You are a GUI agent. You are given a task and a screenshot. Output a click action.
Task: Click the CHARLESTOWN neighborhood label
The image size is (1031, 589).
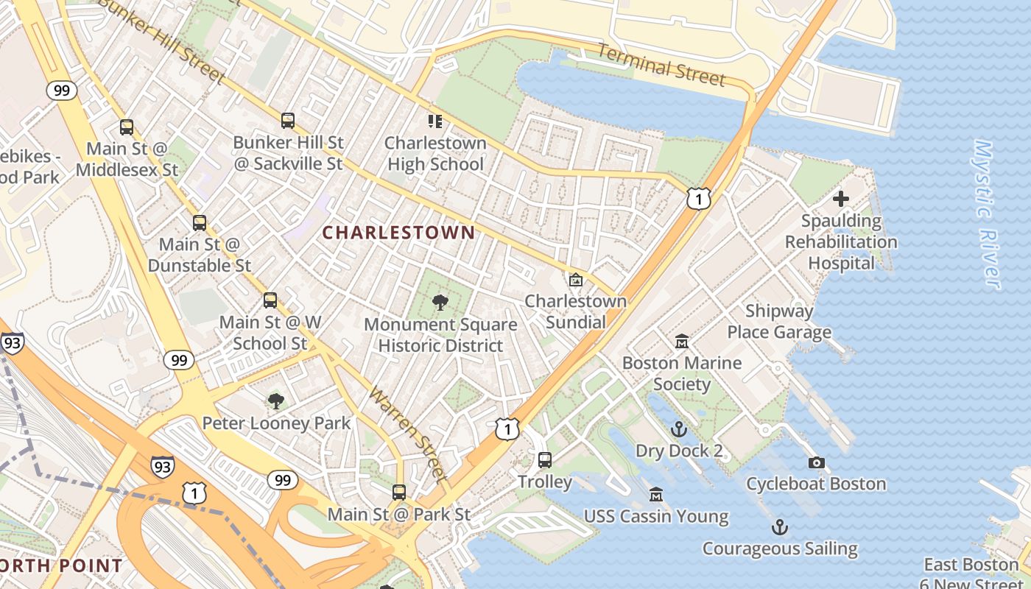(398, 233)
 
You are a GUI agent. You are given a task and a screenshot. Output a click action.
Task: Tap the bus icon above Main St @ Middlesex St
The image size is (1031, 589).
(127, 127)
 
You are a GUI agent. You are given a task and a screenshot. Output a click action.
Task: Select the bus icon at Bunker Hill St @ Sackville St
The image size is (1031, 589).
(288, 121)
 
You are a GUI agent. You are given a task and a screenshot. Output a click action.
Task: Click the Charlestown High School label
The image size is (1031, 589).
(435, 153)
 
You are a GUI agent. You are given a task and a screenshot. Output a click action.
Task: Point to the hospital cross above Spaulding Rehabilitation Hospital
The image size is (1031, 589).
(840, 199)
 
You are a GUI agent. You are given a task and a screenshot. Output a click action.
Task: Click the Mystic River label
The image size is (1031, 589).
(987, 214)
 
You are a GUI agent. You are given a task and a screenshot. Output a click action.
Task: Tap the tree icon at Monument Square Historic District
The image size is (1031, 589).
(440, 302)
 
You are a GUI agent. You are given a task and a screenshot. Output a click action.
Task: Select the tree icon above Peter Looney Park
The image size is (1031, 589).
(276, 401)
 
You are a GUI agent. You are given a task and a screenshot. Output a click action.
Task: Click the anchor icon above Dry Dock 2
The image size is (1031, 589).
(678, 429)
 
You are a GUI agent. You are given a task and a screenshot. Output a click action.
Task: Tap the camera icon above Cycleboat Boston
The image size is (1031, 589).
(816, 462)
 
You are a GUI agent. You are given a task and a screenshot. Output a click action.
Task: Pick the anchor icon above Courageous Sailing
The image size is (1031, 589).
(779, 527)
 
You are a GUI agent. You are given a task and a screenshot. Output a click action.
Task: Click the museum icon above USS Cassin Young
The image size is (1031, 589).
(656, 495)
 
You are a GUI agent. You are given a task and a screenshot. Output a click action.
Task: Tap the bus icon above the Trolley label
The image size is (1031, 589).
(545, 460)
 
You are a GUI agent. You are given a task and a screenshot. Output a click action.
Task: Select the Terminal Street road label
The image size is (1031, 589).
(661, 65)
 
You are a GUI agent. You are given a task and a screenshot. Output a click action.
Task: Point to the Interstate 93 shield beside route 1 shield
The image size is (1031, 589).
(163, 465)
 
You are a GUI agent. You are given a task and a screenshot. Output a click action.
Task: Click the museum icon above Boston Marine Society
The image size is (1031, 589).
(682, 342)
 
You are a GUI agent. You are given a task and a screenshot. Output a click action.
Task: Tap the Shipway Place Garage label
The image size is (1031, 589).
(779, 321)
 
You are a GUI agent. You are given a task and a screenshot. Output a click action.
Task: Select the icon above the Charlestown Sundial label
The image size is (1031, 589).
(575, 280)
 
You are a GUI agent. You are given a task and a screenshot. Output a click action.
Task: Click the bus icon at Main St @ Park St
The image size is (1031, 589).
(399, 493)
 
